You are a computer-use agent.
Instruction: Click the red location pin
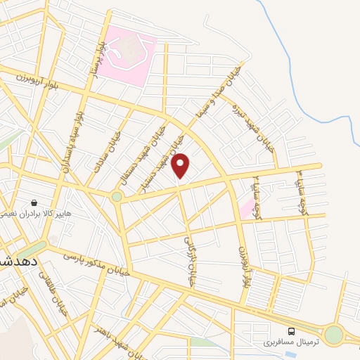181,165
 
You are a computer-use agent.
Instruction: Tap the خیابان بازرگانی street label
188,260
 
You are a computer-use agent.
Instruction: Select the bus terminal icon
290,331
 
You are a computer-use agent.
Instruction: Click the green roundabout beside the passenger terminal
333,335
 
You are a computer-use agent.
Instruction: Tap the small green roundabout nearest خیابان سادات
116,197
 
